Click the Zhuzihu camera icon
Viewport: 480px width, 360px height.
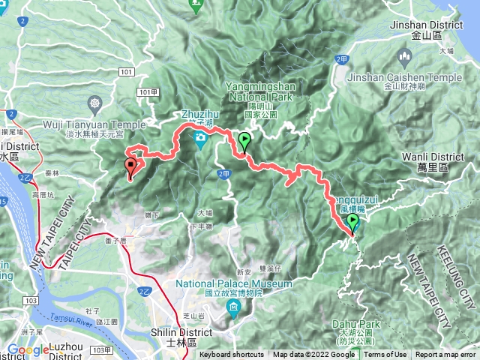click(201, 138)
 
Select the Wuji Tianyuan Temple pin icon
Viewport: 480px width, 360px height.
click(95, 102)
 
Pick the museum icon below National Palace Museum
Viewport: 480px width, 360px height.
click(234, 308)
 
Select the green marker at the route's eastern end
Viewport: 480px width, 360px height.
click(352, 222)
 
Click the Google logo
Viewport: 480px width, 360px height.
click(28, 349)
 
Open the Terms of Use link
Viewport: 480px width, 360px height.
click(385, 355)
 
